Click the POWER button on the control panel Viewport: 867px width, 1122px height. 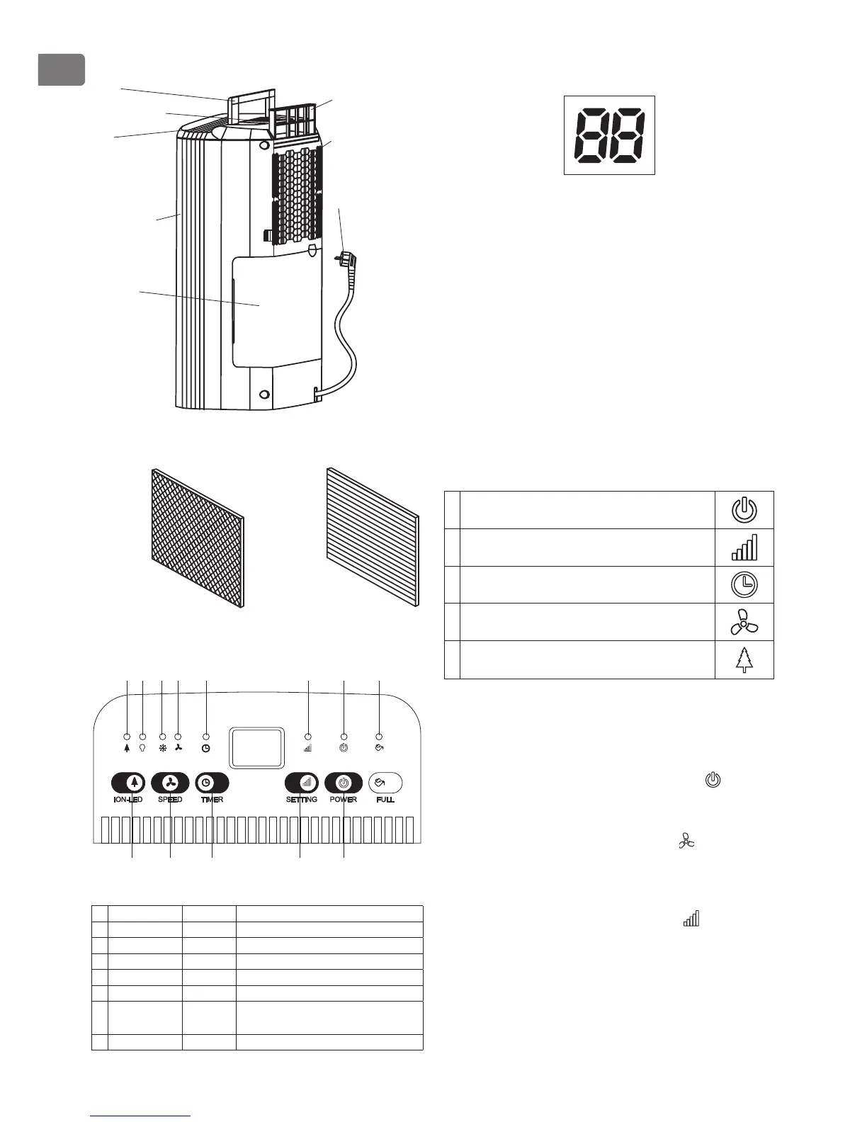[x=344, y=783]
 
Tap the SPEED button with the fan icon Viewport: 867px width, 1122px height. [x=170, y=783]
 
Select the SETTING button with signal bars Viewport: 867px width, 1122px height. [x=302, y=783]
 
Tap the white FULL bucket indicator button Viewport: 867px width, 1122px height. [x=385, y=783]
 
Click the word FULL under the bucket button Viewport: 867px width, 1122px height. [x=385, y=800]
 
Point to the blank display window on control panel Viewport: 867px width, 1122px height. [x=257, y=748]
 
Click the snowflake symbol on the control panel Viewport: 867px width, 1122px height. [x=162, y=748]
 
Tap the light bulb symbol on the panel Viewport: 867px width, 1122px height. [x=143, y=748]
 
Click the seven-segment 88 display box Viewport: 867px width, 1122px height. [x=609, y=135]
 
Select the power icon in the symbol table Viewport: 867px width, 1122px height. [x=744, y=510]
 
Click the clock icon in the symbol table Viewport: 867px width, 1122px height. [x=744, y=584]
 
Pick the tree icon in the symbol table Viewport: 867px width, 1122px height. [x=744, y=659]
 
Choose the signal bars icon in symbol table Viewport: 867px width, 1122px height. [x=744, y=547]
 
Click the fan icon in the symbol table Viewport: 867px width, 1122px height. [x=744, y=622]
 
